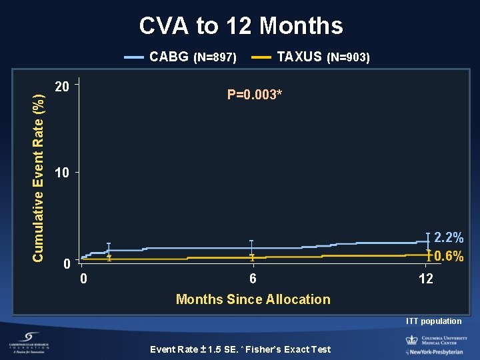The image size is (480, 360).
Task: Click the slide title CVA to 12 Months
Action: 241,26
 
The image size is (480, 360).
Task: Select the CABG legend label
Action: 169,57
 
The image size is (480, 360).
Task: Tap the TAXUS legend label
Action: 299,57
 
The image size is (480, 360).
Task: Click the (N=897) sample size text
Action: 215,58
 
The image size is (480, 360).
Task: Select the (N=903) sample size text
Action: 348,58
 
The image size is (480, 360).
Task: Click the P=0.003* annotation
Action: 255,95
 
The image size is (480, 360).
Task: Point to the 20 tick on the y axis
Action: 62,87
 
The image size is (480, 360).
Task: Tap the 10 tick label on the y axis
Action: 62,173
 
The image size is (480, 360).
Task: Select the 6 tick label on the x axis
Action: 253,279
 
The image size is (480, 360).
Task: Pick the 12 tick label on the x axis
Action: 425,279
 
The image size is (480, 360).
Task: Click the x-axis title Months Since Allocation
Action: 253,299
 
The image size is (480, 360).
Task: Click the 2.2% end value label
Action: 449,237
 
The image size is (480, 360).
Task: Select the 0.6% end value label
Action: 449,256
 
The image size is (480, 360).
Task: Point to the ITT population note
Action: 434,321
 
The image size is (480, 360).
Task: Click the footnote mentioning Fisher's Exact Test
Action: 240,349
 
